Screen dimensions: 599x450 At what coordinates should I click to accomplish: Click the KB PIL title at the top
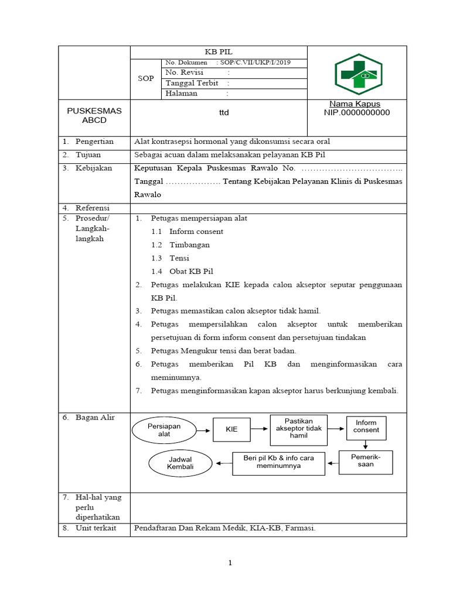(218, 51)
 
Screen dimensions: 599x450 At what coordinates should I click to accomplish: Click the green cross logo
(357, 74)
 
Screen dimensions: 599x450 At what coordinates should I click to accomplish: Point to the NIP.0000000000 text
(356, 113)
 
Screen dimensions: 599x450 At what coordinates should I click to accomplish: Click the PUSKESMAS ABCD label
(94, 115)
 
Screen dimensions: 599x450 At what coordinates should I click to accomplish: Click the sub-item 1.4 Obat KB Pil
(191, 271)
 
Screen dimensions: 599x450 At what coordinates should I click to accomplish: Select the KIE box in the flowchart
(232, 429)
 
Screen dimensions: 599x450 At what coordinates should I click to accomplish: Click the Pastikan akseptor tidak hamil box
(298, 428)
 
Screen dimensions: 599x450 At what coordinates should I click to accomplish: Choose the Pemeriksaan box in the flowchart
(366, 460)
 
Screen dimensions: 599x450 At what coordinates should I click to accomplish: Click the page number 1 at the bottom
(230, 563)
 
